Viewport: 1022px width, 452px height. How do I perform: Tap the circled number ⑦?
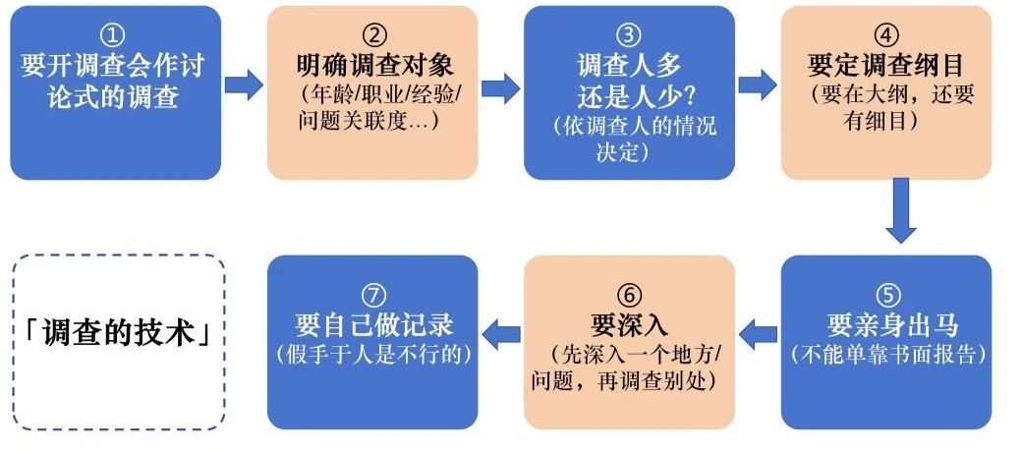click(x=372, y=294)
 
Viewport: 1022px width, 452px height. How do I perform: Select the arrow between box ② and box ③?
click(x=500, y=86)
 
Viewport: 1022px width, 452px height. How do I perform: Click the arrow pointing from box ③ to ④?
click(x=757, y=85)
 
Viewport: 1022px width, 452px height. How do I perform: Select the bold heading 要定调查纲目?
click(x=885, y=65)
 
